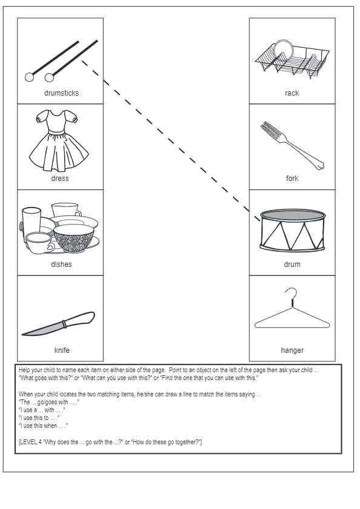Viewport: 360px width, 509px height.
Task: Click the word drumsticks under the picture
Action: (x=61, y=93)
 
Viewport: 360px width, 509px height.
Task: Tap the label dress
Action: (x=60, y=179)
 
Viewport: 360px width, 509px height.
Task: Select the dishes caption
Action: (x=61, y=264)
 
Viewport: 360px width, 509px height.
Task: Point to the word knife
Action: (x=62, y=350)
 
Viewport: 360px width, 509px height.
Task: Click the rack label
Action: (x=292, y=93)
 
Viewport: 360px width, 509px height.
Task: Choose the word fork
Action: (x=292, y=179)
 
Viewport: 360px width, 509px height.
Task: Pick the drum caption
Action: (x=292, y=264)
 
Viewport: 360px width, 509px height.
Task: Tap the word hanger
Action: (x=292, y=350)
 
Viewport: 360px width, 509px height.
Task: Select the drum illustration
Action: (x=292, y=230)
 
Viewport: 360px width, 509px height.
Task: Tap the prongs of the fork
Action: (x=270, y=130)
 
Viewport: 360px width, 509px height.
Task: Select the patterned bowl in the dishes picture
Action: (x=74, y=238)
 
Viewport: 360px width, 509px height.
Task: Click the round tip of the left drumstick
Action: (x=29, y=77)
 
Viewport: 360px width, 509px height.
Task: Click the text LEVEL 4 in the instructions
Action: (x=31, y=442)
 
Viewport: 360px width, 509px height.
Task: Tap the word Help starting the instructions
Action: (x=24, y=370)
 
